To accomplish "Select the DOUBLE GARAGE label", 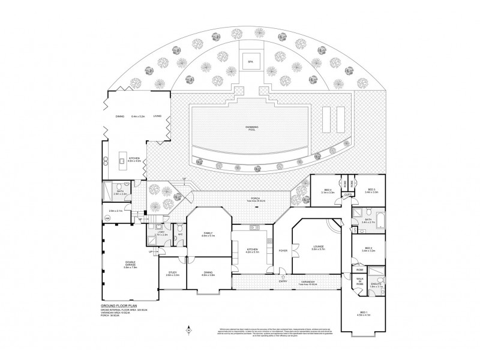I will point(130,265).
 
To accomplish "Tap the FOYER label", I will point(282,251).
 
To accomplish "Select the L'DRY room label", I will point(161,233).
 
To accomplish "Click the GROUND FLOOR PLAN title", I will point(120,305).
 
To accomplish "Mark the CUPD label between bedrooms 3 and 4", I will point(347,194).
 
